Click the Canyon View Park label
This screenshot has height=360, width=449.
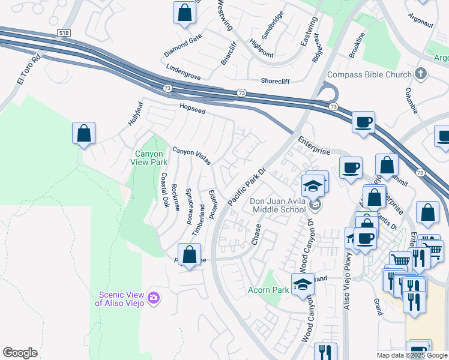point(150,158)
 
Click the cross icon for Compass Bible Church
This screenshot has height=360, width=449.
point(421,74)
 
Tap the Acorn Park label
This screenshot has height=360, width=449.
point(268,290)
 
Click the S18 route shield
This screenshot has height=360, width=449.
point(64,32)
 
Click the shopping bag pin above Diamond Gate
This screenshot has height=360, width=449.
point(184,13)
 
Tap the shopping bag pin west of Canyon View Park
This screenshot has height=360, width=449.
point(84,134)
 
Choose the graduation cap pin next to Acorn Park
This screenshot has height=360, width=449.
point(303,284)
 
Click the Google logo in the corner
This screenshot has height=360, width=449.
point(20,353)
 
